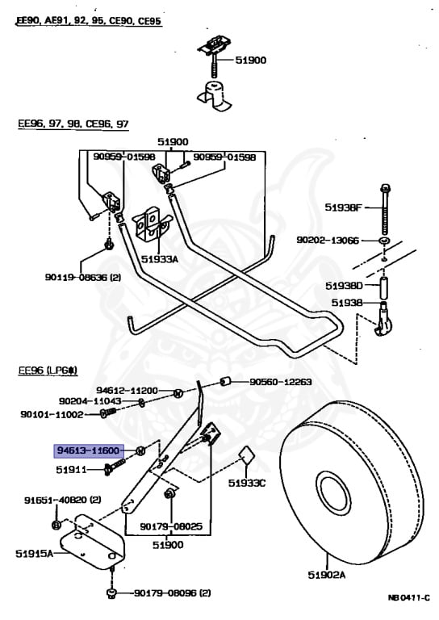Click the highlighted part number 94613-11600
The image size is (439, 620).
pos(88,450)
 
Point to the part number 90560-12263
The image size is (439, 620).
pos(279,382)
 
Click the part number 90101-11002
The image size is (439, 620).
pos(53,413)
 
